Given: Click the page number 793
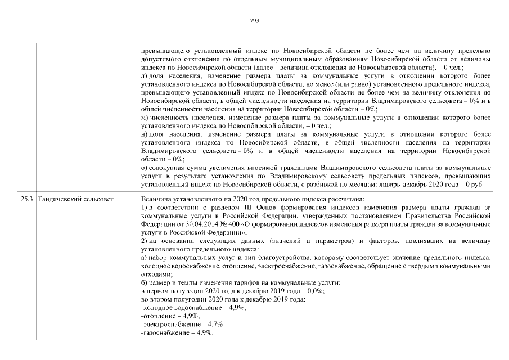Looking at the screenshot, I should [254, 21].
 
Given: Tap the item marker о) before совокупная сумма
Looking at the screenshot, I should [145, 168].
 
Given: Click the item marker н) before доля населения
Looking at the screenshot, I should [145, 136].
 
